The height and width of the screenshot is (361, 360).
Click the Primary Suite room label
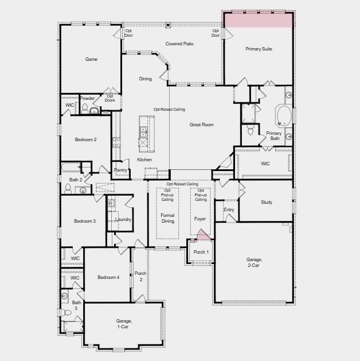click(259, 49)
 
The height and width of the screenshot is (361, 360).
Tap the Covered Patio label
click(179, 44)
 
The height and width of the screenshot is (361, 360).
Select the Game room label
click(91, 59)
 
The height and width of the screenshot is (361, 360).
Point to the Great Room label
click(202, 125)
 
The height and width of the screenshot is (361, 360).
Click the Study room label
click(267, 202)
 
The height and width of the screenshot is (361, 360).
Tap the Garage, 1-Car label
click(124, 323)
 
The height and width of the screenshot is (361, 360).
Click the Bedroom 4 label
click(108, 278)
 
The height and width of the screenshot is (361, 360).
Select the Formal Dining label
click(167, 218)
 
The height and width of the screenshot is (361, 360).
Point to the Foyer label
click(200, 219)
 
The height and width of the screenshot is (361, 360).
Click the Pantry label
click(120, 170)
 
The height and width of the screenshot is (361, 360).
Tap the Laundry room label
click(123, 219)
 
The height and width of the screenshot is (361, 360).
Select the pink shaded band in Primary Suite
click(259, 20)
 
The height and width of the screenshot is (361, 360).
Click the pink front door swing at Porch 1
click(201, 235)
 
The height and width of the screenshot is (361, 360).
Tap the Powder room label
click(88, 98)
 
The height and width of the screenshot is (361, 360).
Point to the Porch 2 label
click(140, 276)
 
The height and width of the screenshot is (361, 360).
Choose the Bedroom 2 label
click(85, 139)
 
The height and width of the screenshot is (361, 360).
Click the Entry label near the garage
click(229, 209)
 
